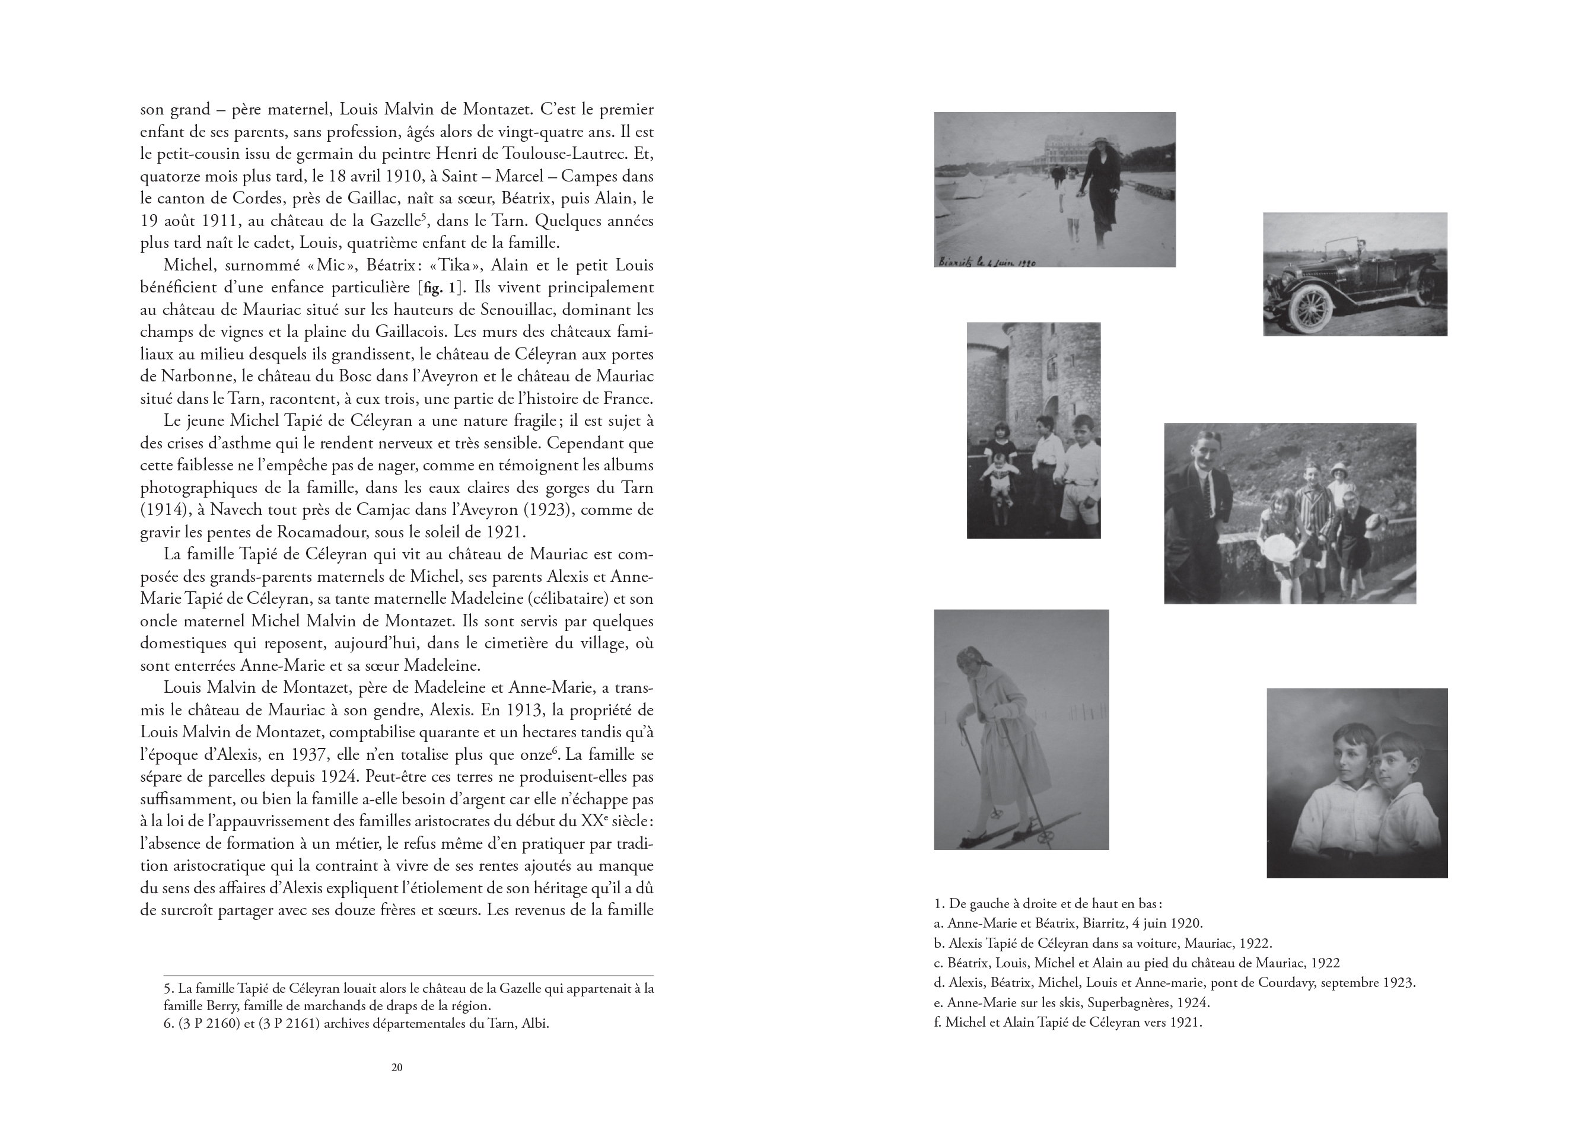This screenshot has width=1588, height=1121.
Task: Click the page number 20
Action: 396,1067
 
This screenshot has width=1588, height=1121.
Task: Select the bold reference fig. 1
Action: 438,288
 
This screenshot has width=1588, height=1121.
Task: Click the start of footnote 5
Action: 167,988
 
